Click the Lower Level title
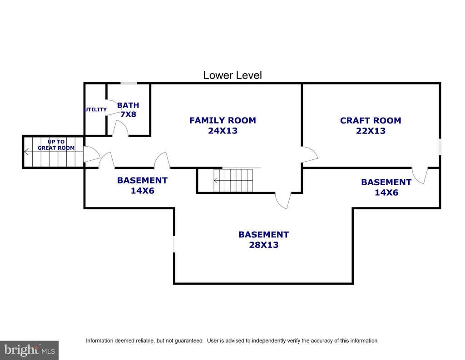point(232,75)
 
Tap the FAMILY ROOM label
point(223,120)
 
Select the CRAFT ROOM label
point(371,120)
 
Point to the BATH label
point(128,105)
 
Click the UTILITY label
point(95,109)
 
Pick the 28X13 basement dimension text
point(264,245)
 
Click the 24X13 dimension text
point(223,131)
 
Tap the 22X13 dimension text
point(371,131)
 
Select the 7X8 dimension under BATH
point(128,114)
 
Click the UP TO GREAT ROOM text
point(56,145)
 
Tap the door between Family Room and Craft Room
point(309,154)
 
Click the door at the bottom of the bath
point(120,128)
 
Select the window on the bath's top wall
point(129,84)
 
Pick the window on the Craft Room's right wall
point(440,147)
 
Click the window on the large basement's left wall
point(174,244)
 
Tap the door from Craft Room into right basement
point(420,176)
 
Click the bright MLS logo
point(30,350)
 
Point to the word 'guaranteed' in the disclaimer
point(188,341)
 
